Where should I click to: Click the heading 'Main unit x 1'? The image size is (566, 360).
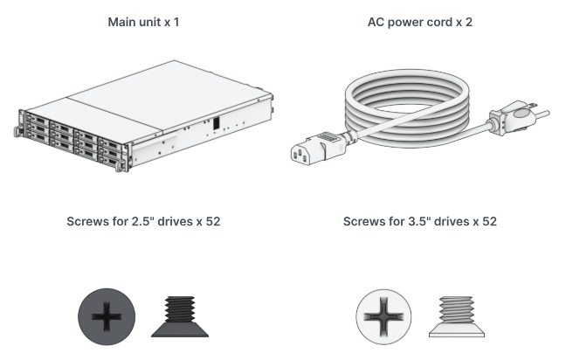[x=143, y=21]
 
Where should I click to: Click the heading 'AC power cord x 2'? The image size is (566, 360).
[x=420, y=21]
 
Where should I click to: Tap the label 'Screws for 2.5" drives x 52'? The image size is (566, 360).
[x=143, y=221]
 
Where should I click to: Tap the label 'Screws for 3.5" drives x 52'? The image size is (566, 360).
[x=420, y=221]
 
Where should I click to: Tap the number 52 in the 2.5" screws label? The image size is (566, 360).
[x=211, y=221]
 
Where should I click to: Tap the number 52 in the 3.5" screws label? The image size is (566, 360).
[x=487, y=221]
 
